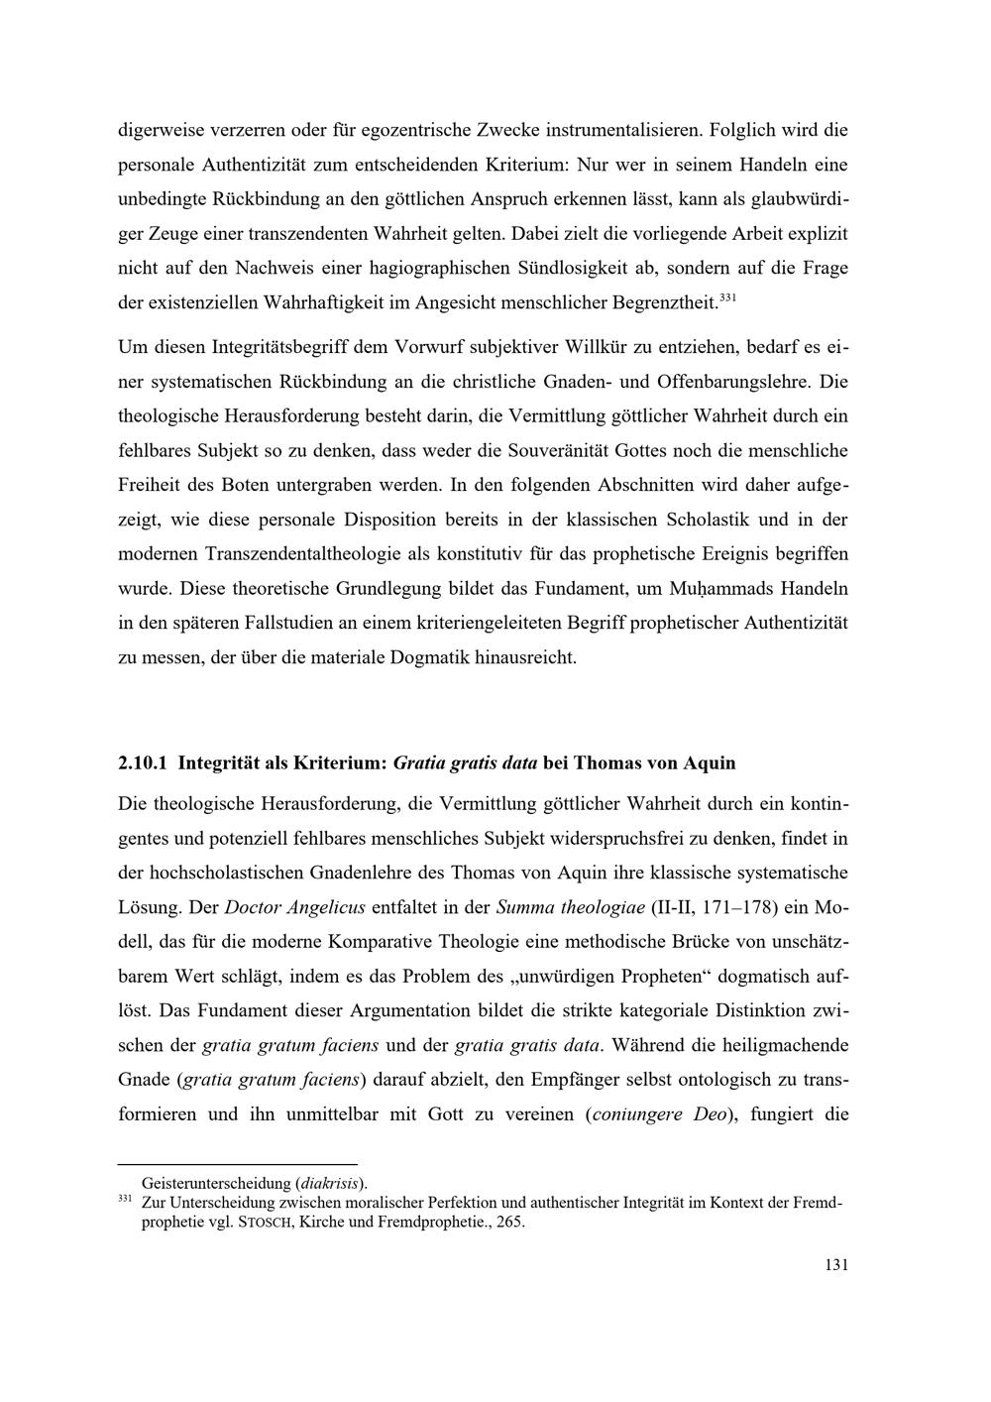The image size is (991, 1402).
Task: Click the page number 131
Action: coord(836,1265)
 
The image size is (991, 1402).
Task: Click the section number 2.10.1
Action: coord(144,763)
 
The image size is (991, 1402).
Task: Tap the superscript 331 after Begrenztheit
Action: coord(726,295)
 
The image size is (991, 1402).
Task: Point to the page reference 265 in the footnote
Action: coord(510,1223)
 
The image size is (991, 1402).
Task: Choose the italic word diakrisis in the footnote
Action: coord(330,1183)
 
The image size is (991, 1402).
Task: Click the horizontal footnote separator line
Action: coord(237,1164)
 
